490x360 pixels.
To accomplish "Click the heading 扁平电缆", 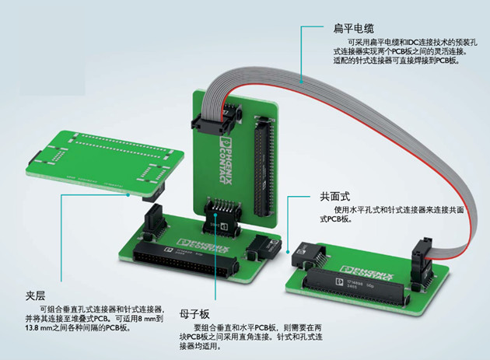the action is pyautogui.click(x=353, y=29).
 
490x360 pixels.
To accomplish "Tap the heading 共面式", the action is pyautogui.click(x=334, y=197).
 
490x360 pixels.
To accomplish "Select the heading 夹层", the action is pyautogui.click(x=35, y=295).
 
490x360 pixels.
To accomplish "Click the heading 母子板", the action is pyautogui.click(x=194, y=314).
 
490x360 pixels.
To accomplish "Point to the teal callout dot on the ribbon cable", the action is pyautogui.click(x=302, y=82).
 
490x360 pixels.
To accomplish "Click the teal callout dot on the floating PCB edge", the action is pyautogui.click(x=128, y=195).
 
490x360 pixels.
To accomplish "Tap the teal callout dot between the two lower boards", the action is pyautogui.click(x=288, y=252).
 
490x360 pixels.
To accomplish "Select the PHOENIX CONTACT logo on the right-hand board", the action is pyautogui.click(x=367, y=273).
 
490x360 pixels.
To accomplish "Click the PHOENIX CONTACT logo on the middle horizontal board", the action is pyautogui.click(x=203, y=245).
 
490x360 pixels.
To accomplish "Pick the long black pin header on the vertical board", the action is pyautogui.click(x=264, y=166).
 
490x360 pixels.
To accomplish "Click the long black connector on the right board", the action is pyautogui.click(x=355, y=286).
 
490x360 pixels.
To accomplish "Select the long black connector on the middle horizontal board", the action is pyautogui.click(x=186, y=257).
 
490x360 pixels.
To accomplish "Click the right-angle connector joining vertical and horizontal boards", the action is pyautogui.click(x=222, y=217).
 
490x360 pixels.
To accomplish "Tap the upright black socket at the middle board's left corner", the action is pyautogui.click(x=154, y=221).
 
